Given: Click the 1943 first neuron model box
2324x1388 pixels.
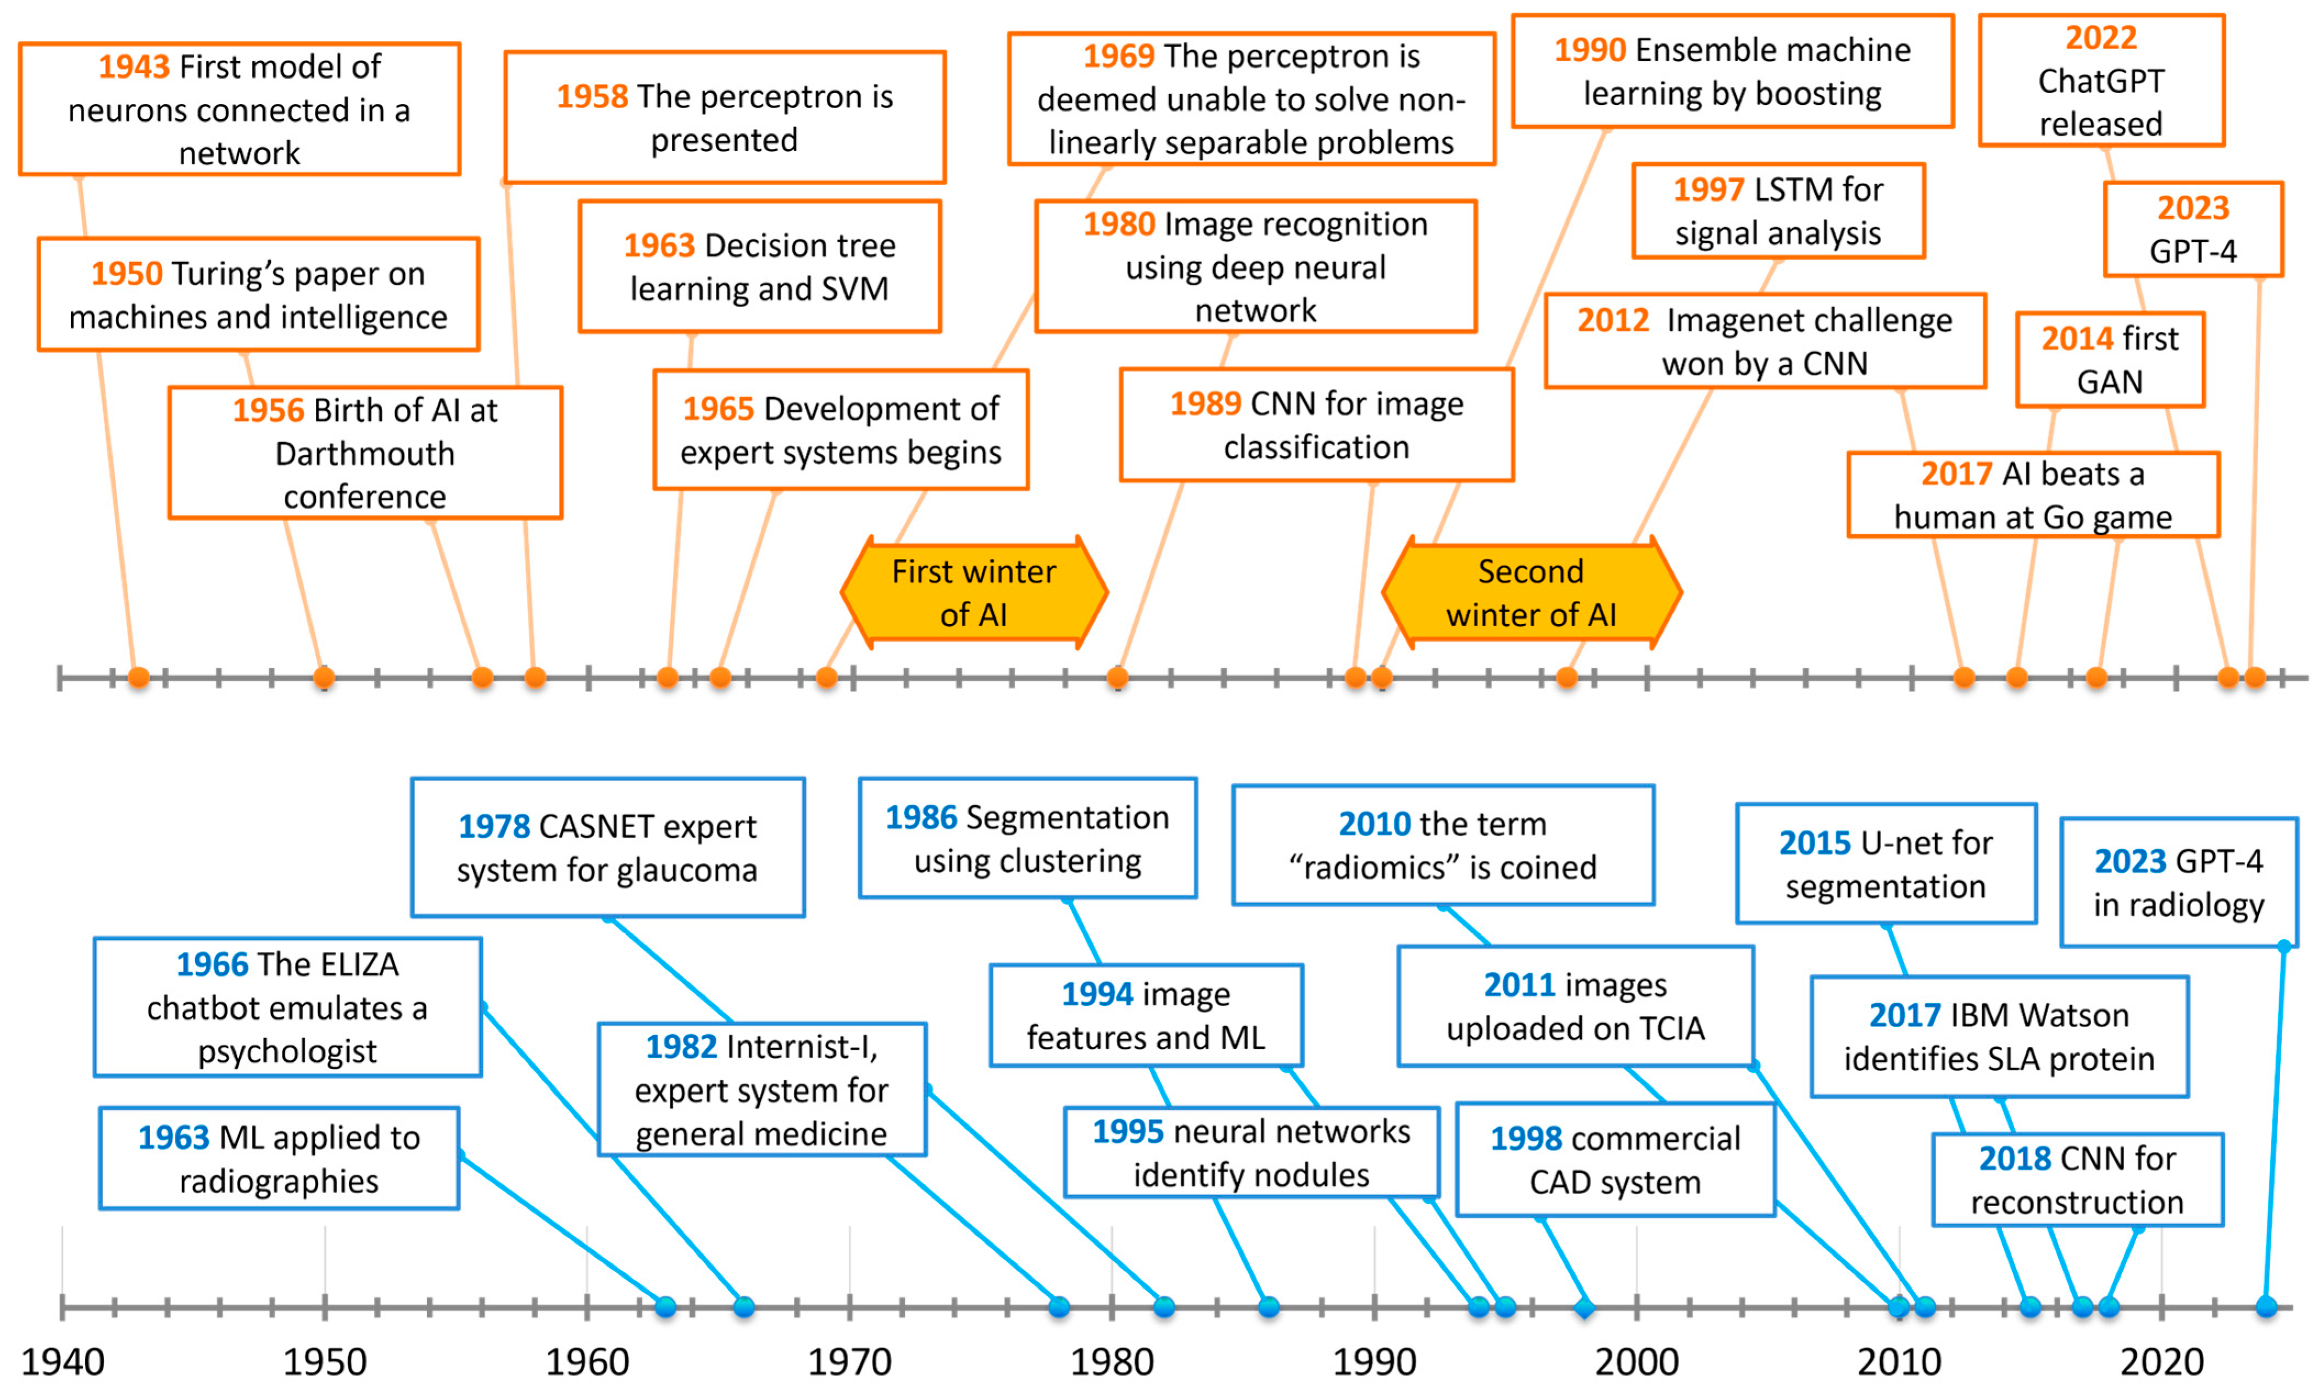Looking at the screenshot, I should point(240,109).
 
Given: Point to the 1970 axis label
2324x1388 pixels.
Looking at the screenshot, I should point(849,1362).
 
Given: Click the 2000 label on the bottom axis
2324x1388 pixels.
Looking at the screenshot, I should point(1636,1362).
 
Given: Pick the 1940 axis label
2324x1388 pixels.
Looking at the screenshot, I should point(63,1362).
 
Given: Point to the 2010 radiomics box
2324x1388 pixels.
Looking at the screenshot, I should point(1443,845).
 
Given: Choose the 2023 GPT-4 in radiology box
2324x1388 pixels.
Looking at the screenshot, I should point(2178,883).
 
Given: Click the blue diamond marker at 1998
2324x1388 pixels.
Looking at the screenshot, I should point(1584,1307).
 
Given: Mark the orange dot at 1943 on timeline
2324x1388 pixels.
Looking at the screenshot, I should point(138,677).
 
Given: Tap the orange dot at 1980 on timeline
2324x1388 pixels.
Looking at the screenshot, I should point(1117,677).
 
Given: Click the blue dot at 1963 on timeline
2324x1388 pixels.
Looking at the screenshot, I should point(665,1307).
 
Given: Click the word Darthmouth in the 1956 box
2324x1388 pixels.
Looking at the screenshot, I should point(365,454).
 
